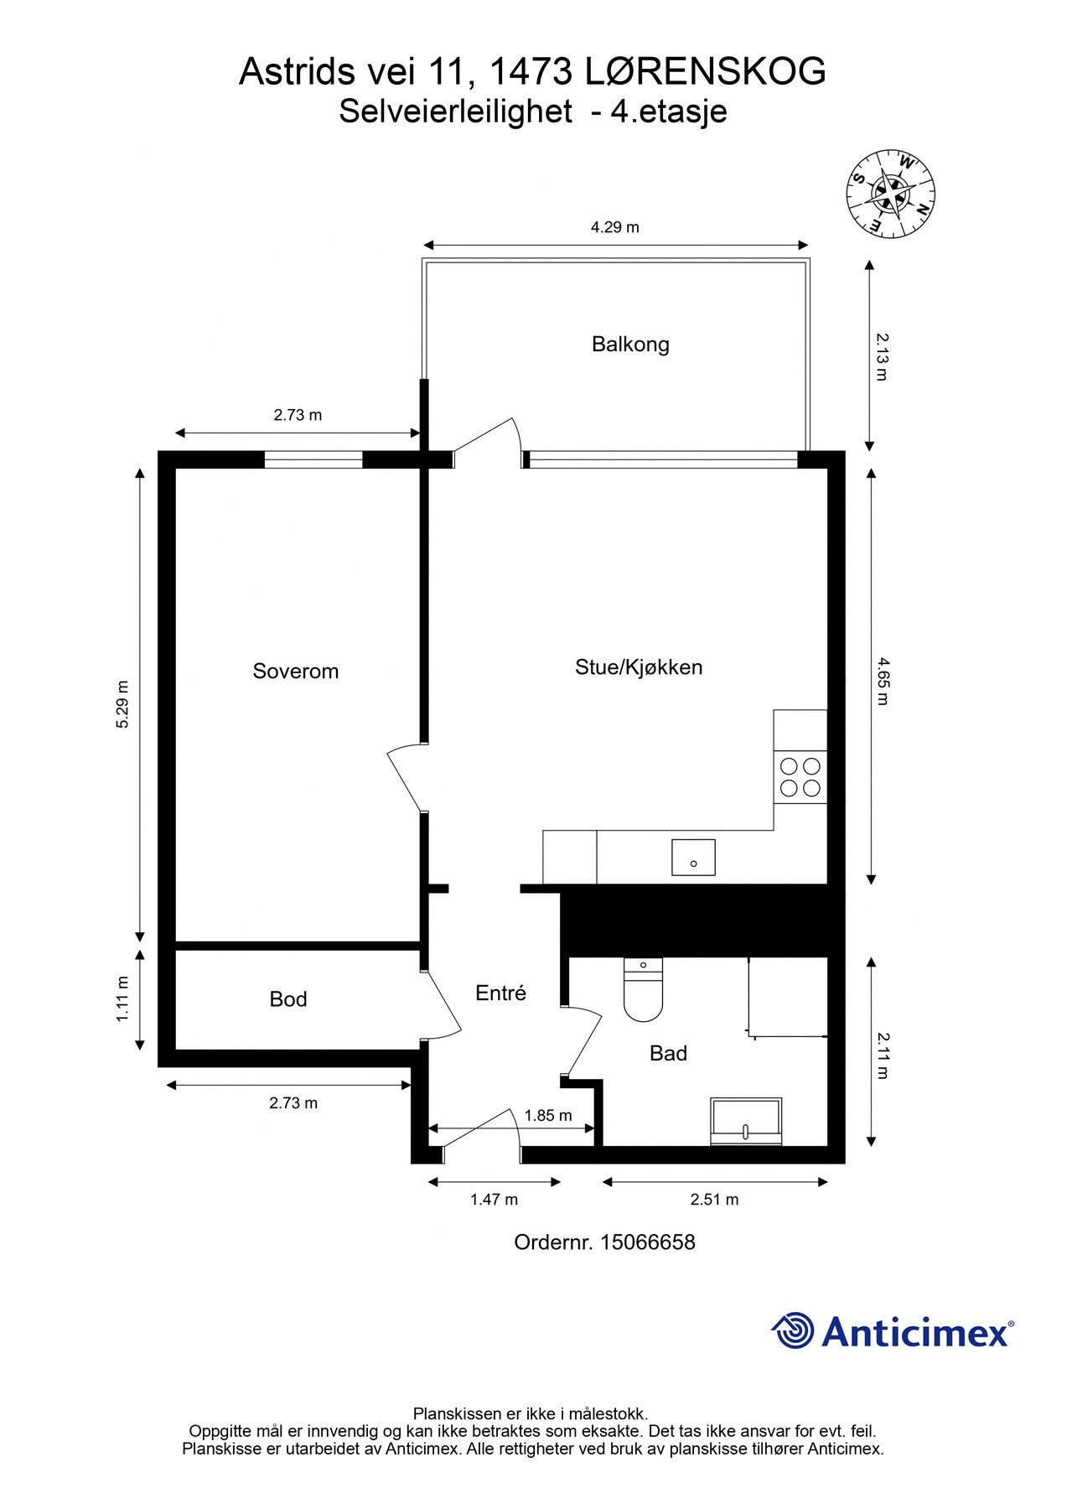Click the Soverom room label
coord(295,672)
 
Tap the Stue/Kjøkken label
coord(638,667)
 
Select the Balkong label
coord(630,345)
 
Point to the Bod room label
coord(288,999)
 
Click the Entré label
coord(500,993)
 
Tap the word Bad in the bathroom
coord(668,1054)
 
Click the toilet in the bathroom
coord(643,990)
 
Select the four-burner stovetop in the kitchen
coord(800,776)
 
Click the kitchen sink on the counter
coord(693,858)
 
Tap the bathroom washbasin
coord(745,1121)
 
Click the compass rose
coord(890,194)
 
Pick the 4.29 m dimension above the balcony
coord(614,227)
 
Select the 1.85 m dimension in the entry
coord(548,1116)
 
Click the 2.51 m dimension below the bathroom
coord(714,1200)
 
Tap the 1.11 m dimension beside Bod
coord(123,998)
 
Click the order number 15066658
coord(647,1242)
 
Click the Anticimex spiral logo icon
coord(792,1331)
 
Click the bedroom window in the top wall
coord(313,459)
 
